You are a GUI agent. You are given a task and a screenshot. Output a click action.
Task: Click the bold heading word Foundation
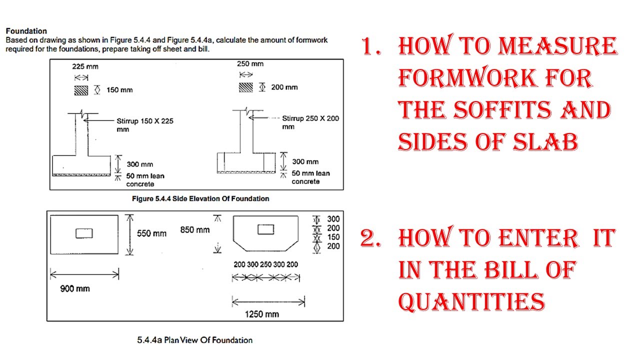pyautogui.click(x=26, y=31)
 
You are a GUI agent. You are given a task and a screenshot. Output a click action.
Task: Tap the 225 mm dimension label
pyautogui.click(x=85, y=66)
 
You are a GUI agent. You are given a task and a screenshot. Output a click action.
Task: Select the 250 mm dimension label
pyautogui.click(x=250, y=63)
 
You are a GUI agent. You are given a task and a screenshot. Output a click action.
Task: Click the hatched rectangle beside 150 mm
pyautogui.click(x=81, y=90)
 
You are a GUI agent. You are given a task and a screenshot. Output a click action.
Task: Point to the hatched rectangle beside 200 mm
pyautogui.click(x=245, y=87)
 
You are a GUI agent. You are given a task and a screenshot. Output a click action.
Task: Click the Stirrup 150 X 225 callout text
pyautogui.click(x=145, y=125)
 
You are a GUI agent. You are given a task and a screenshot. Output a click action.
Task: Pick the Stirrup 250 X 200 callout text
pyautogui.click(x=310, y=122)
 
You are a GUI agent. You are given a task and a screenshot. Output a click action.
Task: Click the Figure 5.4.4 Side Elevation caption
pyautogui.click(x=200, y=198)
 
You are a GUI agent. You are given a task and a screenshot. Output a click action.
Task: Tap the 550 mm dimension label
pyautogui.click(x=151, y=233)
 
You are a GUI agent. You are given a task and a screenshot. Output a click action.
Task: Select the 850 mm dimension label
pyautogui.click(x=195, y=229)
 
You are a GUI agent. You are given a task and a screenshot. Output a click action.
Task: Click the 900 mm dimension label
pyautogui.click(x=75, y=288)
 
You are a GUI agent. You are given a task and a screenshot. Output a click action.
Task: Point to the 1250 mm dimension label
pyautogui.click(x=261, y=314)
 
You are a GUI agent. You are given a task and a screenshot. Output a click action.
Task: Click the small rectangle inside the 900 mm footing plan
pyautogui.click(x=84, y=233)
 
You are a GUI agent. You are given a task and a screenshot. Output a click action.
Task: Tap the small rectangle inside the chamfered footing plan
pyautogui.click(x=265, y=229)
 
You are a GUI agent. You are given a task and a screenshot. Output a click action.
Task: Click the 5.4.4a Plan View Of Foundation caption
pyautogui.click(x=195, y=340)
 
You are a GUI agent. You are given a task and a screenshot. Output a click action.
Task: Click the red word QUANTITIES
pyautogui.click(x=471, y=301)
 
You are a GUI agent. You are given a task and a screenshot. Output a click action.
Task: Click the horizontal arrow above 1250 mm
pyautogui.click(x=268, y=301)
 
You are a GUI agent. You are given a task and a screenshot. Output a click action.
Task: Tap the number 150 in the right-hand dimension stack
pyautogui.click(x=333, y=237)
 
